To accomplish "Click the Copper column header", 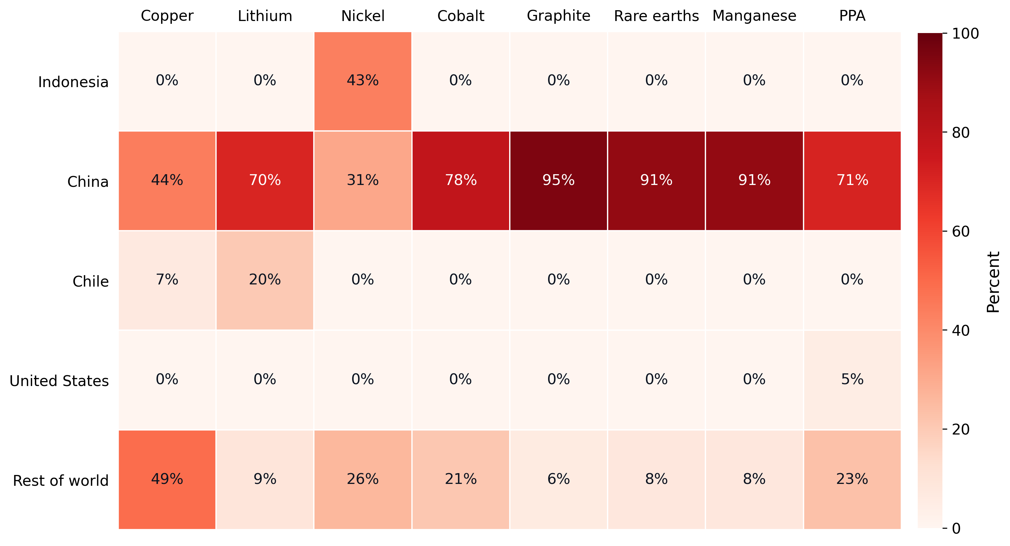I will (x=167, y=16).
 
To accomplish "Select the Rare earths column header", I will (x=656, y=16).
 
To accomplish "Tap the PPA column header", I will (x=852, y=16).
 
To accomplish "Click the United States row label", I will (x=59, y=381).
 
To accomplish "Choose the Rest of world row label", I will (x=60, y=481).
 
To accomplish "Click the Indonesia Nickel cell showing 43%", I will (x=363, y=81).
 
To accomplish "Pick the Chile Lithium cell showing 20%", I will (x=265, y=280).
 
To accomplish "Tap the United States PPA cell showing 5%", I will (x=852, y=380).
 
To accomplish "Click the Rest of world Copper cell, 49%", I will (x=167, y=479).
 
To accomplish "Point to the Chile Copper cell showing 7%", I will (x=167, y=280).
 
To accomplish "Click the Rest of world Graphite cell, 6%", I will (x=558, y=479).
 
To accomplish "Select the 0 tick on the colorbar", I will (x=956, y=529).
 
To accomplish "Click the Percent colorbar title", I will (x=993, y=282).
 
